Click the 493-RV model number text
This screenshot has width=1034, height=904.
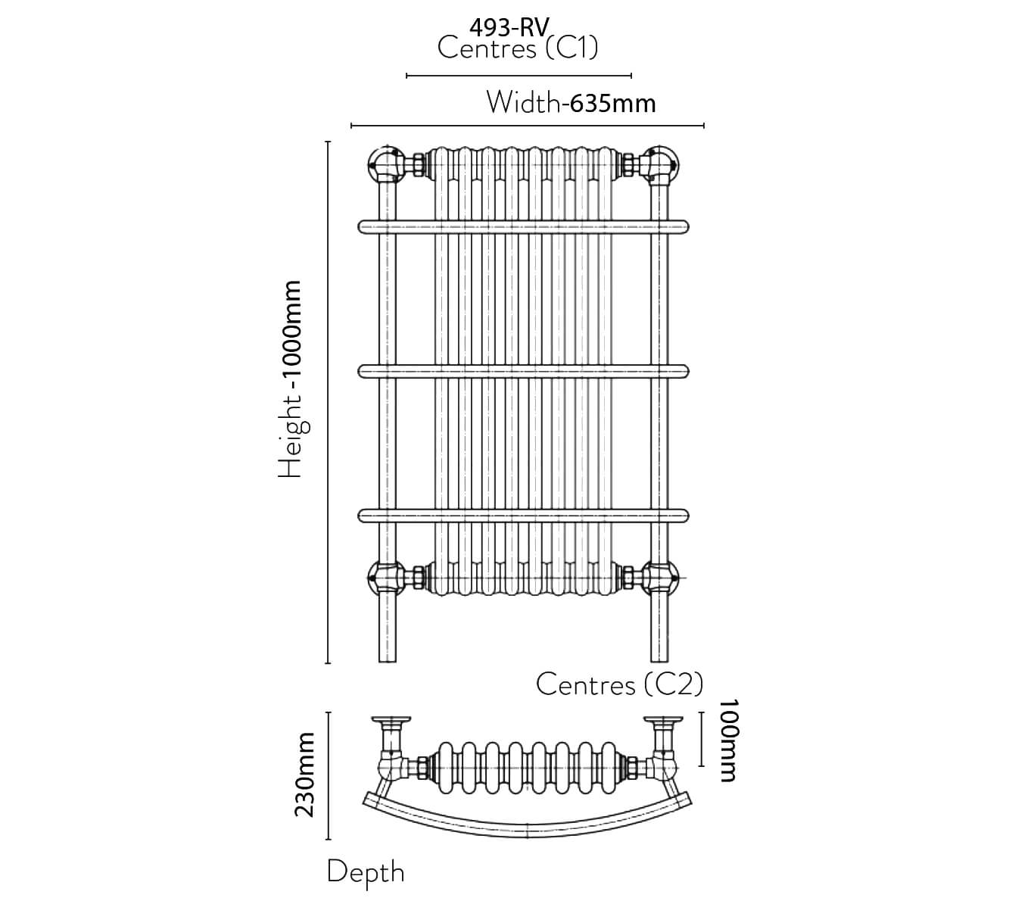pyautogui.click(x=508, y=27)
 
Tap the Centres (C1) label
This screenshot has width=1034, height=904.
pyautogui.click(x=518, y=49)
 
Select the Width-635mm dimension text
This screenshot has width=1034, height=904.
pyautogui.click(x=571, y=102)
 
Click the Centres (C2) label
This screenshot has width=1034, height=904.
pyautogui.click(x=619, y=684)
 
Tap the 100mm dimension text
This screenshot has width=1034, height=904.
pyautogui.click(x=726, y=740)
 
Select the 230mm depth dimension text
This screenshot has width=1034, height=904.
pyautogui.click(x=304, y=775)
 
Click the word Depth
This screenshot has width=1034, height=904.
pyautogui.click(x=366, y=871)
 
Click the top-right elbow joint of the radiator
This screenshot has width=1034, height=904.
pyautogui.click(x=661, y=163)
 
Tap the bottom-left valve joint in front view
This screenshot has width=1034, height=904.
pyautogui.click(x=385, y=578)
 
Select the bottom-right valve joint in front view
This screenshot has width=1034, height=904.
pyautogui.click(x=661, y=578)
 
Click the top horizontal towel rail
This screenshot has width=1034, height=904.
pyautogui.click(x=523, y=226)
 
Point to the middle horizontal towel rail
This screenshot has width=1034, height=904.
pyautogui.click(x=523, y=371)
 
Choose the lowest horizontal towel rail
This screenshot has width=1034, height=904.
pyautogui.click(x=523, y=516)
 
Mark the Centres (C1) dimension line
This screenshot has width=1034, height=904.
pyautogui.click(x=519, y=76)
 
